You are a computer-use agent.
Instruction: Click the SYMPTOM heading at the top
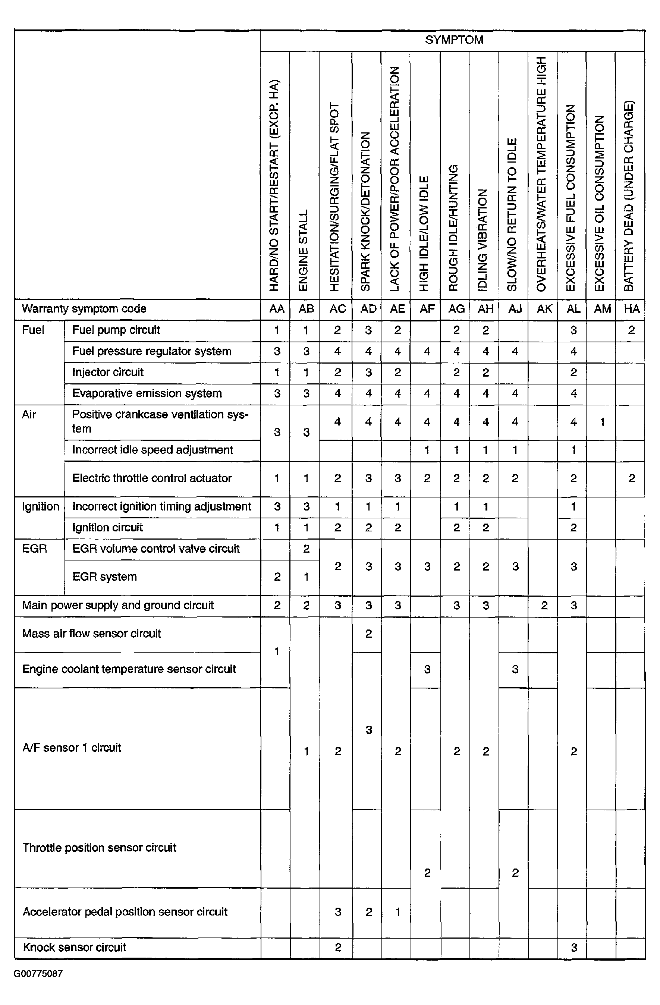[x=454, y=40]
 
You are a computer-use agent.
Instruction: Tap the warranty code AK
[x=544, y=309]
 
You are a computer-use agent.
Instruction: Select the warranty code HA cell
[x=631, y=309]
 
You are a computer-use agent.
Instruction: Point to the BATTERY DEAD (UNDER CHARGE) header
[x=629, y=195]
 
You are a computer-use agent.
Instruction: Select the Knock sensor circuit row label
[x=74, y=947]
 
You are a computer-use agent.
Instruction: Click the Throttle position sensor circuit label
[x=99, y=848]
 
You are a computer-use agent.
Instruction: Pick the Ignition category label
[x=41, y=506]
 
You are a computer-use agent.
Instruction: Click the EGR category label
[x=34, y=549]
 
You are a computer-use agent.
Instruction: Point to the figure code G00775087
[x=38, y=974]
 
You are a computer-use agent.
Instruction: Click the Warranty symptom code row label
[x=84, y=309]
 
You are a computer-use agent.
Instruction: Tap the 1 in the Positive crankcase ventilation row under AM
[x=602, y=421]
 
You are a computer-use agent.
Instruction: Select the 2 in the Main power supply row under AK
[x=544, y=606]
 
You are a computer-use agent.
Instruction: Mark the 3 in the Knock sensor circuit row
[x=573, y=948]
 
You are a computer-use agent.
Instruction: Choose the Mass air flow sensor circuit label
[x=92, y=634]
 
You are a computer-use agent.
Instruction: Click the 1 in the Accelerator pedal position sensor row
[x=397, y=912]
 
